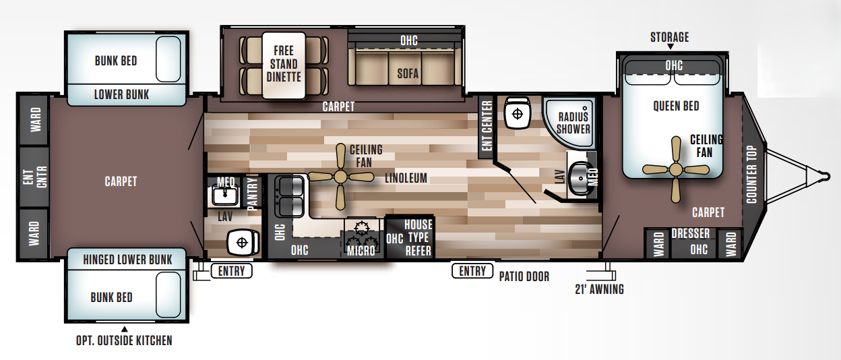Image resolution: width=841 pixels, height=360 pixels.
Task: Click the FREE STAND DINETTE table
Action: [x=283, y=65]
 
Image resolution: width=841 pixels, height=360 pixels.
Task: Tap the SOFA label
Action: [x=408, y=73]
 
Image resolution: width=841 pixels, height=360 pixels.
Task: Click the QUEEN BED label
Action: [x=676, y=106]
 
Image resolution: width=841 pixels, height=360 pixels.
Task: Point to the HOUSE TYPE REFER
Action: [x=417, y=237]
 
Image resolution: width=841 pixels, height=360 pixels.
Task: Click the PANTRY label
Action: [x=253, y=195]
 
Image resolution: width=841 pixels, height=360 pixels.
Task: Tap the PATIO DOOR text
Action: [x=524, y=276]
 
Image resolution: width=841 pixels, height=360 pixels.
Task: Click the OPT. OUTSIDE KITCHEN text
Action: [x=124, y=340]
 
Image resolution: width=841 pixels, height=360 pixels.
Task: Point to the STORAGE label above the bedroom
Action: [x=669, y=37]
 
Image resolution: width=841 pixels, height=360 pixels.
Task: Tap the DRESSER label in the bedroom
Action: [x=690, y=234]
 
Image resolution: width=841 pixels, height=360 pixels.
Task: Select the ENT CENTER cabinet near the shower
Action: [x=487, y=126]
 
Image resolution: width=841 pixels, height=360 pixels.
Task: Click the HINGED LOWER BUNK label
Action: [x=127, y=259]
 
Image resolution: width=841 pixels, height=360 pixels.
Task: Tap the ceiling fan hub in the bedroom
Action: [x=676, y=169]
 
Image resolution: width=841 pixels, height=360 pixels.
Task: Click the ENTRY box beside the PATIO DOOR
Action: [x=472, y=270]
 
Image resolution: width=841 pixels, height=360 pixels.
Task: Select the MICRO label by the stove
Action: [x=361, y=251]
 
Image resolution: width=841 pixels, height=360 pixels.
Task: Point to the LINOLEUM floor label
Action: [x=406, y=178]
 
